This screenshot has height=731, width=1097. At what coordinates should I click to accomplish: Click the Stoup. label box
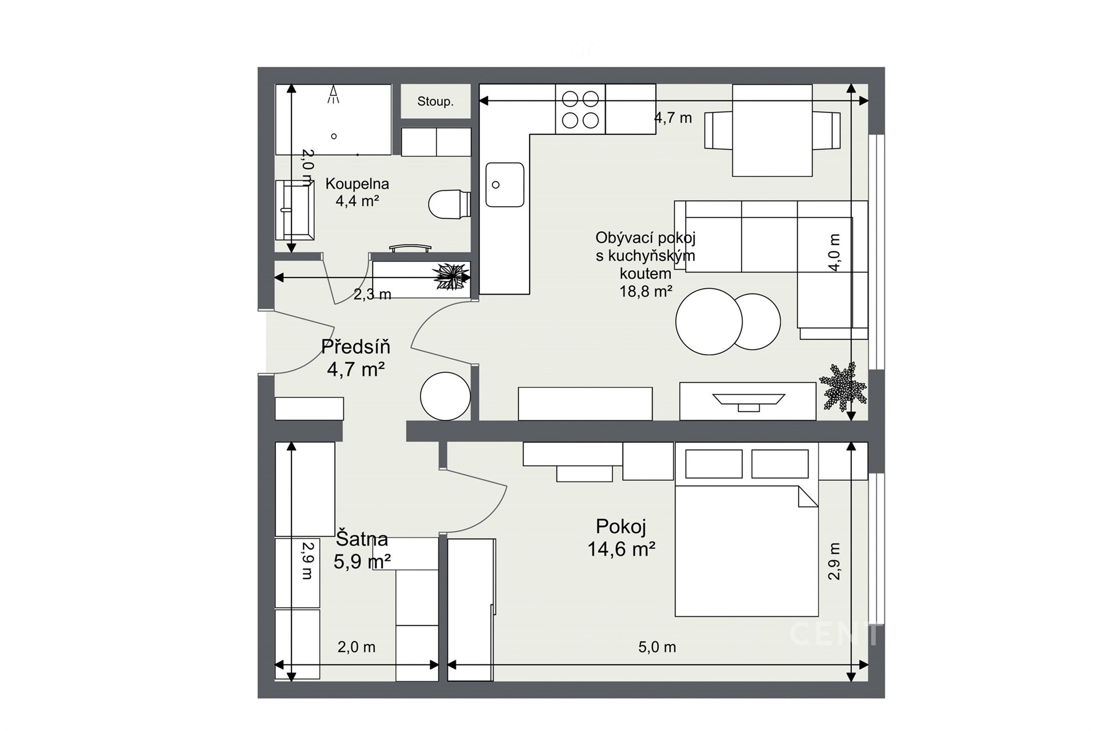[435, 101]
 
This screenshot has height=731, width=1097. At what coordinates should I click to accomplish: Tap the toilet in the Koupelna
[449, 204]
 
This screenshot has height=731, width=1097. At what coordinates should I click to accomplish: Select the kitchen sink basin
[505, 184]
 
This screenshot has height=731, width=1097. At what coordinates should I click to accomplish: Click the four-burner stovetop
[580, 109]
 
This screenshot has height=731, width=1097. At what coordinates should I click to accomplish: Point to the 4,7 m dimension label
[673, 118]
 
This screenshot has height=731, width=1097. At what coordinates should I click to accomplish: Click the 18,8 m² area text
[646, 291]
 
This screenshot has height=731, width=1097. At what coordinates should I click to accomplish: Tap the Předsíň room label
[355, 346]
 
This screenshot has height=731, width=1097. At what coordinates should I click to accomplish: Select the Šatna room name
[362, 539]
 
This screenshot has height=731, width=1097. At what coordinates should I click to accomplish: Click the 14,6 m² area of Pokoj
[621, 549]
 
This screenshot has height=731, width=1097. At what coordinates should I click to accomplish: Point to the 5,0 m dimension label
[657, 647]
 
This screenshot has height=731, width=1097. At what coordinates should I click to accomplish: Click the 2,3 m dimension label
[372, 294]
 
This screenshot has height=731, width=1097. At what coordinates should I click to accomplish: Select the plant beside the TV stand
[843, 386]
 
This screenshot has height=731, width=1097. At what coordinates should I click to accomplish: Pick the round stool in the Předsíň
[445, 396]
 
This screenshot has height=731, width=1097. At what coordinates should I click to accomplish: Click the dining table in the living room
[772, 130]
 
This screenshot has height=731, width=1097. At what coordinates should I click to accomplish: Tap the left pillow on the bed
[714, 464]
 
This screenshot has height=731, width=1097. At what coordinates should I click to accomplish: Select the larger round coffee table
[709, 322]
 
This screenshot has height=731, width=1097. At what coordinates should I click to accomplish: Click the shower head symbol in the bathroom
[333, 95]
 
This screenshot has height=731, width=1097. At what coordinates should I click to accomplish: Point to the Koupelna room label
[357, 184]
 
